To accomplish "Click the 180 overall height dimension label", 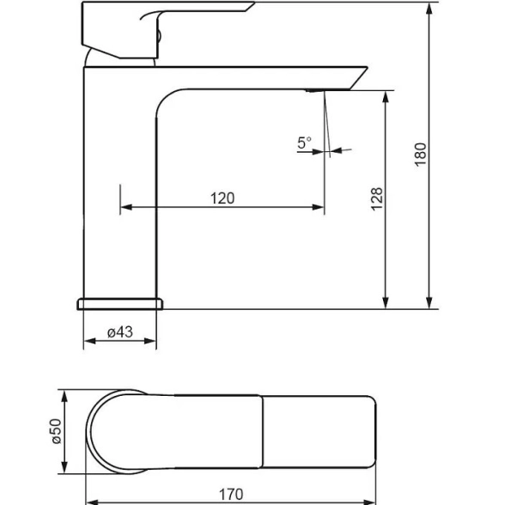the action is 420,155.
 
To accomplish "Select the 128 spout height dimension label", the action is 377,199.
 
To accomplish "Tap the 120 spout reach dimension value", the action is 222,198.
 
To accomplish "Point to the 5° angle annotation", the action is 304,143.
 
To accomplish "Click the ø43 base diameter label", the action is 120,332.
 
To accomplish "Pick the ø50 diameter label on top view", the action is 56,431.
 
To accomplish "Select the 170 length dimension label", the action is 231,495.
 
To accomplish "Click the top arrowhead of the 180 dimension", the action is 429,9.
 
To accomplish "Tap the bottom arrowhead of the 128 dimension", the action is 386,302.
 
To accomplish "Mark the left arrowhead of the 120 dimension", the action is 126,207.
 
